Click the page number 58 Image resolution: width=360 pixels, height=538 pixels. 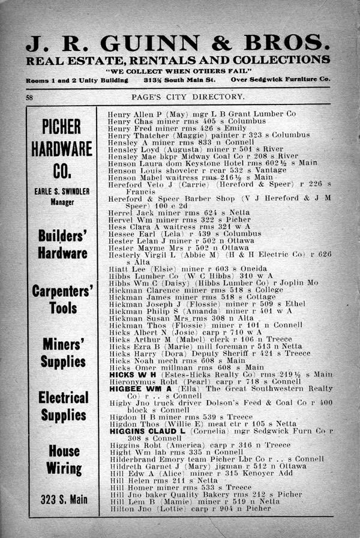click(x=30, y=97)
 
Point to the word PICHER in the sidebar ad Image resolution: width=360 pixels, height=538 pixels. click(x=62, y=127)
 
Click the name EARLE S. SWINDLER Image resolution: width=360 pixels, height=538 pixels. click(x=62, y=192)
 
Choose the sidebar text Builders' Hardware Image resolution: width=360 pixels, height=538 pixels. click(x=62, y=244)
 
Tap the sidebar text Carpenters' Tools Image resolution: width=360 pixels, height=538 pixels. click(x=62, y=300)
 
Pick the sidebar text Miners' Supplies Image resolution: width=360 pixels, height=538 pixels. click(x=62, y=352)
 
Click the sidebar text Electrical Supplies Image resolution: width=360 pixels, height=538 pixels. click(x=62, y=406)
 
